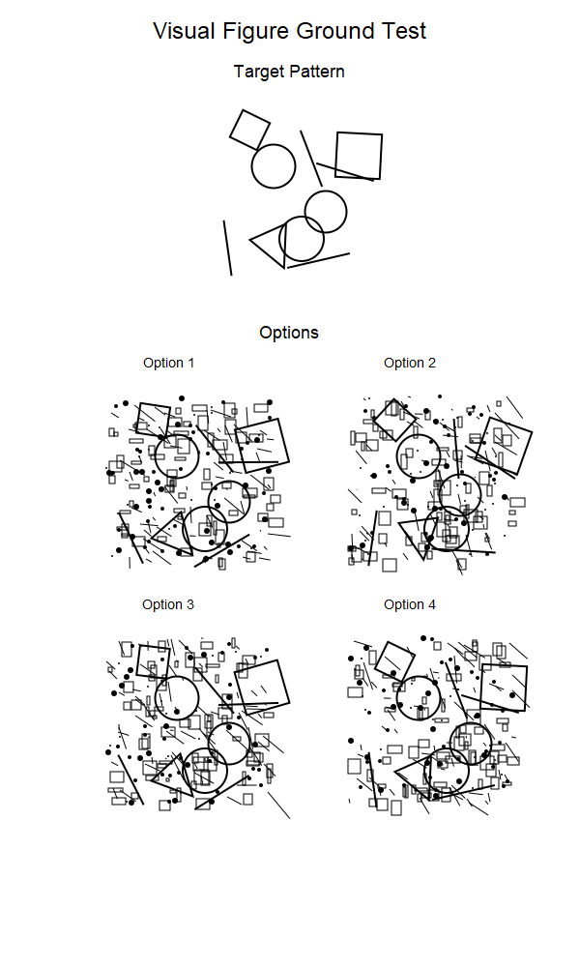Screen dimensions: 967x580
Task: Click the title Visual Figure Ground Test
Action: [289, 31]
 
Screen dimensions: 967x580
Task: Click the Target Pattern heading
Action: [289, 72]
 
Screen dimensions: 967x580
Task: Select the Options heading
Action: [289, 333]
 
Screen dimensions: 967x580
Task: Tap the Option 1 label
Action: [168, 363]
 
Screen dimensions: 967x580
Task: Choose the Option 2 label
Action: [410, 363]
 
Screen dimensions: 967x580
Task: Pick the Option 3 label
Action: [168, 604]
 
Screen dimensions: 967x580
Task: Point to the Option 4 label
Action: [410, 604]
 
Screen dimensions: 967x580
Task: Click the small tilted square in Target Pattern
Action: [249, 129]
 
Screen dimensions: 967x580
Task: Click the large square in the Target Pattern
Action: [359, 156]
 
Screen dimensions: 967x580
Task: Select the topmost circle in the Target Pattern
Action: [274, 165]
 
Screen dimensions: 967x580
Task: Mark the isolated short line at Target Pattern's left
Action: [227, 248]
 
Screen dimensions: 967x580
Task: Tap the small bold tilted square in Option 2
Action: [394, 420]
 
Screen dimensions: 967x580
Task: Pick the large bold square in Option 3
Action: [263, 687]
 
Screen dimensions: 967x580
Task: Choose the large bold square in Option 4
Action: [505, 686]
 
